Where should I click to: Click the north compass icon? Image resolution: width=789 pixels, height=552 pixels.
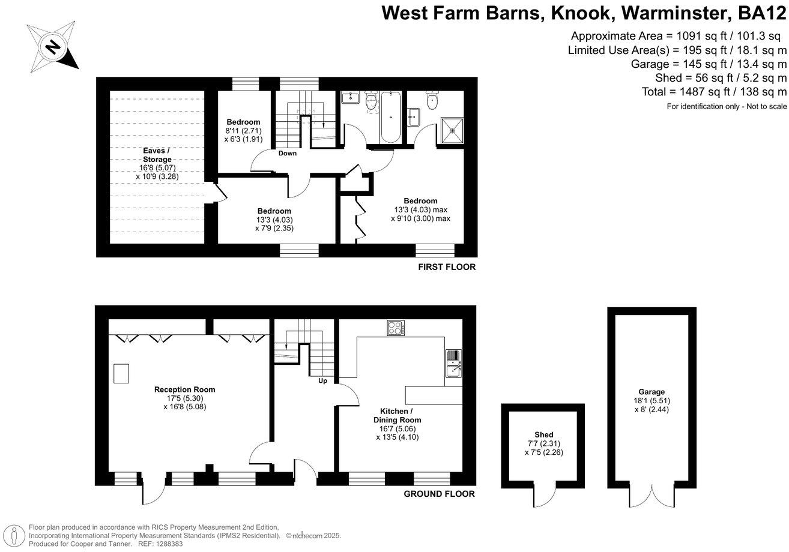point(53,46)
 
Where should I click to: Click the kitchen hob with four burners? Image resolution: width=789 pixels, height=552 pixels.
point(395,328)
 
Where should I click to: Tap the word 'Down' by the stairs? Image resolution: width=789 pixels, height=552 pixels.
point(287,154)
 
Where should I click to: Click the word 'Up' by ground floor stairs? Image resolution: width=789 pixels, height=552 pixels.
point(322,380)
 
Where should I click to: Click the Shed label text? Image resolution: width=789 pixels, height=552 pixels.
point(544,434)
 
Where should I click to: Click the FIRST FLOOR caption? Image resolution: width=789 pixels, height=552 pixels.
point(447,267)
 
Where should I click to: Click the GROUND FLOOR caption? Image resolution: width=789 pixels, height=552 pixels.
point(439,494)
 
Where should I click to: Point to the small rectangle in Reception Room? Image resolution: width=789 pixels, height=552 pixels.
point(122,373)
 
